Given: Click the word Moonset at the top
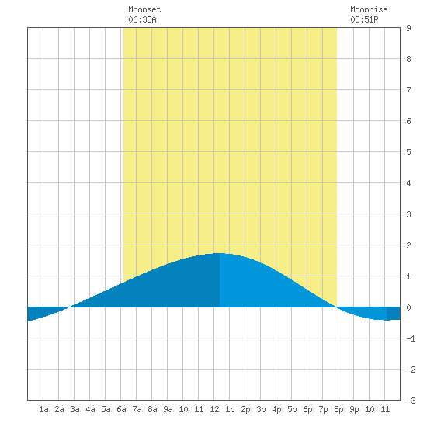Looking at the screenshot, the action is pos(144,9).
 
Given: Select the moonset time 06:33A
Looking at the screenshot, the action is pos(142,19).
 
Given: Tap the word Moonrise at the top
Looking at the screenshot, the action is pos(369,9).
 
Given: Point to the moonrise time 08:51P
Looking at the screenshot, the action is pos(364,19).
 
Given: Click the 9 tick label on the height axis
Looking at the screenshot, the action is pos(408,28).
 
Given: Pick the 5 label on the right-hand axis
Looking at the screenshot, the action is pos(408,152).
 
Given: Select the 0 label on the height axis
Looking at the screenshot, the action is pos(408,307).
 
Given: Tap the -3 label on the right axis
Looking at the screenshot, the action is pos(411,401).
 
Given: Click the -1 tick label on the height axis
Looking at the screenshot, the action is pos(411,338).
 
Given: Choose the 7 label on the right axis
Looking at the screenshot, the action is pos(408,90).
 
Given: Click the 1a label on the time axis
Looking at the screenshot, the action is pos(43,409).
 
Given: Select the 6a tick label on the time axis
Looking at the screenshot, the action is pos(121,409).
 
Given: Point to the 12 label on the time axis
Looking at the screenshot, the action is pos(214,409).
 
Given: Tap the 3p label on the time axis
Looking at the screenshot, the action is pos(261,409).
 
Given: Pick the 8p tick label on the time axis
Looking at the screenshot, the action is pos(338,409).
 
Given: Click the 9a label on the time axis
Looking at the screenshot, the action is pos(168,409).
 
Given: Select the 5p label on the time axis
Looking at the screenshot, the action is pos(292,409).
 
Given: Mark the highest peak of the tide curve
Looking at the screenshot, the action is pos(220,253).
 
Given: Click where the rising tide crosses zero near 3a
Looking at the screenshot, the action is pos(70,307).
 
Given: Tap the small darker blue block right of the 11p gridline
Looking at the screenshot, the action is pos(394,314).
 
